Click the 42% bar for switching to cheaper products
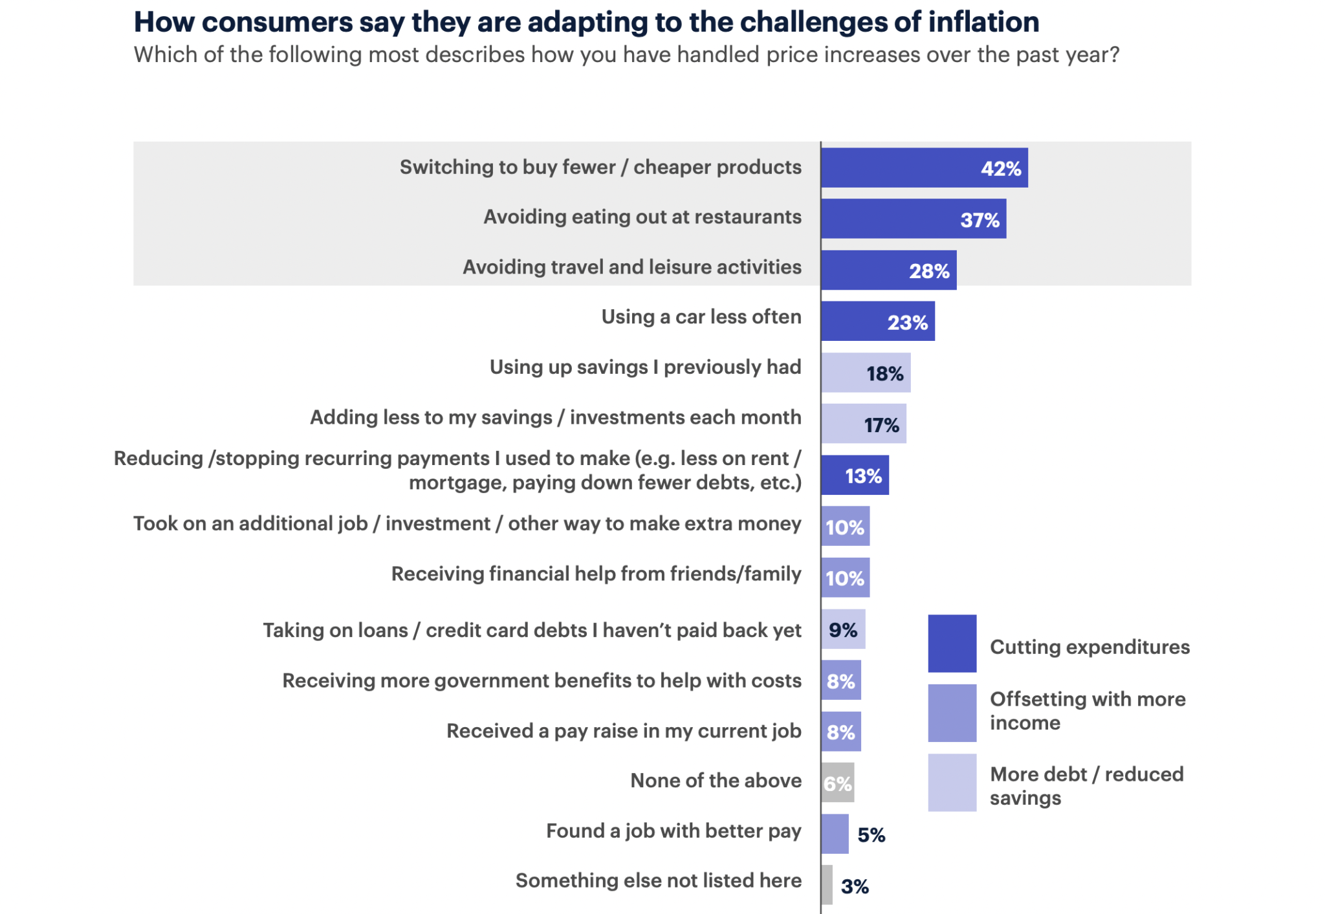pyautogui.click(x=923, y=168)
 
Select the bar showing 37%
pyautogui.click(x=912, y=219)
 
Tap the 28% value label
pyautogui.click(x=929, y=270)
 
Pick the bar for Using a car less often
pyautogui.click(x=877, y=321)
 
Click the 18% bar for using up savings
pyautogui.click(x=865, y=373)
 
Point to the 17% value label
pyautogui.click(x=881, y=425)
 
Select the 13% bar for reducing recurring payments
pyautogui.click(x=854, y=475)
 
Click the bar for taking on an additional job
pyautogui.click(x=845, y=527)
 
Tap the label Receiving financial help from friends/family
pyautogui.click(x=596, y=574)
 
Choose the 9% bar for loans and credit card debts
pyautogui.click(x=842, y=629)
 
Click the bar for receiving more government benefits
pyautogui.click(x=840, y=680)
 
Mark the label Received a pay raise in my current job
pyautogui.click(x=624, y=731)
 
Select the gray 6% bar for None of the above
pyautogui.click(x=837, y=783)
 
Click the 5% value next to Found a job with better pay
pyautogui.click(x=871, y=834)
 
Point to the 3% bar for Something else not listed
pyautogui.click(x=827, y=885)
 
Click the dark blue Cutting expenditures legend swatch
pyautogui.click(x=952, y=643)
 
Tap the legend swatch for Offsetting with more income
pyautogui.click(x=952, y=713)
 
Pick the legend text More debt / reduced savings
pyautogui.click(x=1086, y=785)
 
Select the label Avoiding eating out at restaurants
pyautogui.click(x=642, y=217)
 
